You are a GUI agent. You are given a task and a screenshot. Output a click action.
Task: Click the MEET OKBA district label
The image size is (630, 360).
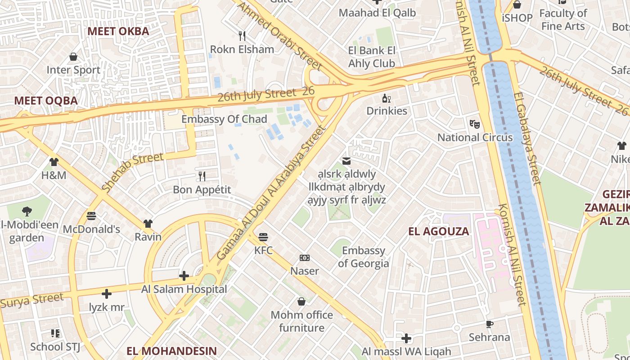coord(118,31)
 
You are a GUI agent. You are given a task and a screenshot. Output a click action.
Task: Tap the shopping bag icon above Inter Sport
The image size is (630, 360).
coord(73,57)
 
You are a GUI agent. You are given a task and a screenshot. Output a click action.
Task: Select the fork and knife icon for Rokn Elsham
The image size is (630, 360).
coord(242,36)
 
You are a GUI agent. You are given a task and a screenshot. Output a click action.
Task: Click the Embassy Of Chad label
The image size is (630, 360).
coord(224,119)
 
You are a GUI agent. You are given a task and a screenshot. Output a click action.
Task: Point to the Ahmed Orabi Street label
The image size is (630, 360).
coord(279,36)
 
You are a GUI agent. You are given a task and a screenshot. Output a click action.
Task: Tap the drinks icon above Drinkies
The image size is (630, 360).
coord(387,99)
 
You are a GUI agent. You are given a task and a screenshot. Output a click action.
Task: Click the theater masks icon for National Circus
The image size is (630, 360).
coord(474,124)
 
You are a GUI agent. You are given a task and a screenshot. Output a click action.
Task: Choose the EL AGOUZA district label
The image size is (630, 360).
coord(438,232)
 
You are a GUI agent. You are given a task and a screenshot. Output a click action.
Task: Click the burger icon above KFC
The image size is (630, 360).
coord(263,237)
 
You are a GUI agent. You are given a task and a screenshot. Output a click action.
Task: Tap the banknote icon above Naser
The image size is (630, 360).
coord(305,258)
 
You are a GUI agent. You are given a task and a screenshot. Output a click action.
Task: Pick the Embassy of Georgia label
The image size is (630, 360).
coord(363,257)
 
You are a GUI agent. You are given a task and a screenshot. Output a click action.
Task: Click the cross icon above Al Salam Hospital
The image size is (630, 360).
coord(184,276)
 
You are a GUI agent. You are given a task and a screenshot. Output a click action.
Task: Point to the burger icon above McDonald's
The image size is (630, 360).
coord(91,216)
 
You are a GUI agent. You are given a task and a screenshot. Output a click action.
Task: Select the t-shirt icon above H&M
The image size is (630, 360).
coord(54,162)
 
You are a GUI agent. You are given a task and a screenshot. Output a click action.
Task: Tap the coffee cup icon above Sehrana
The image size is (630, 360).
coord(490,324)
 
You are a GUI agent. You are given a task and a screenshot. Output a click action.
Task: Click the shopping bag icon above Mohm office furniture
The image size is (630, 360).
coord(301,301)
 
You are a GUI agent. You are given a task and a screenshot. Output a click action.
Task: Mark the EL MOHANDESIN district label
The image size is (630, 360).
coord(171,351)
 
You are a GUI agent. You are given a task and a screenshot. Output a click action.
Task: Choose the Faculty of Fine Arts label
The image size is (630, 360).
coord(563,20)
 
